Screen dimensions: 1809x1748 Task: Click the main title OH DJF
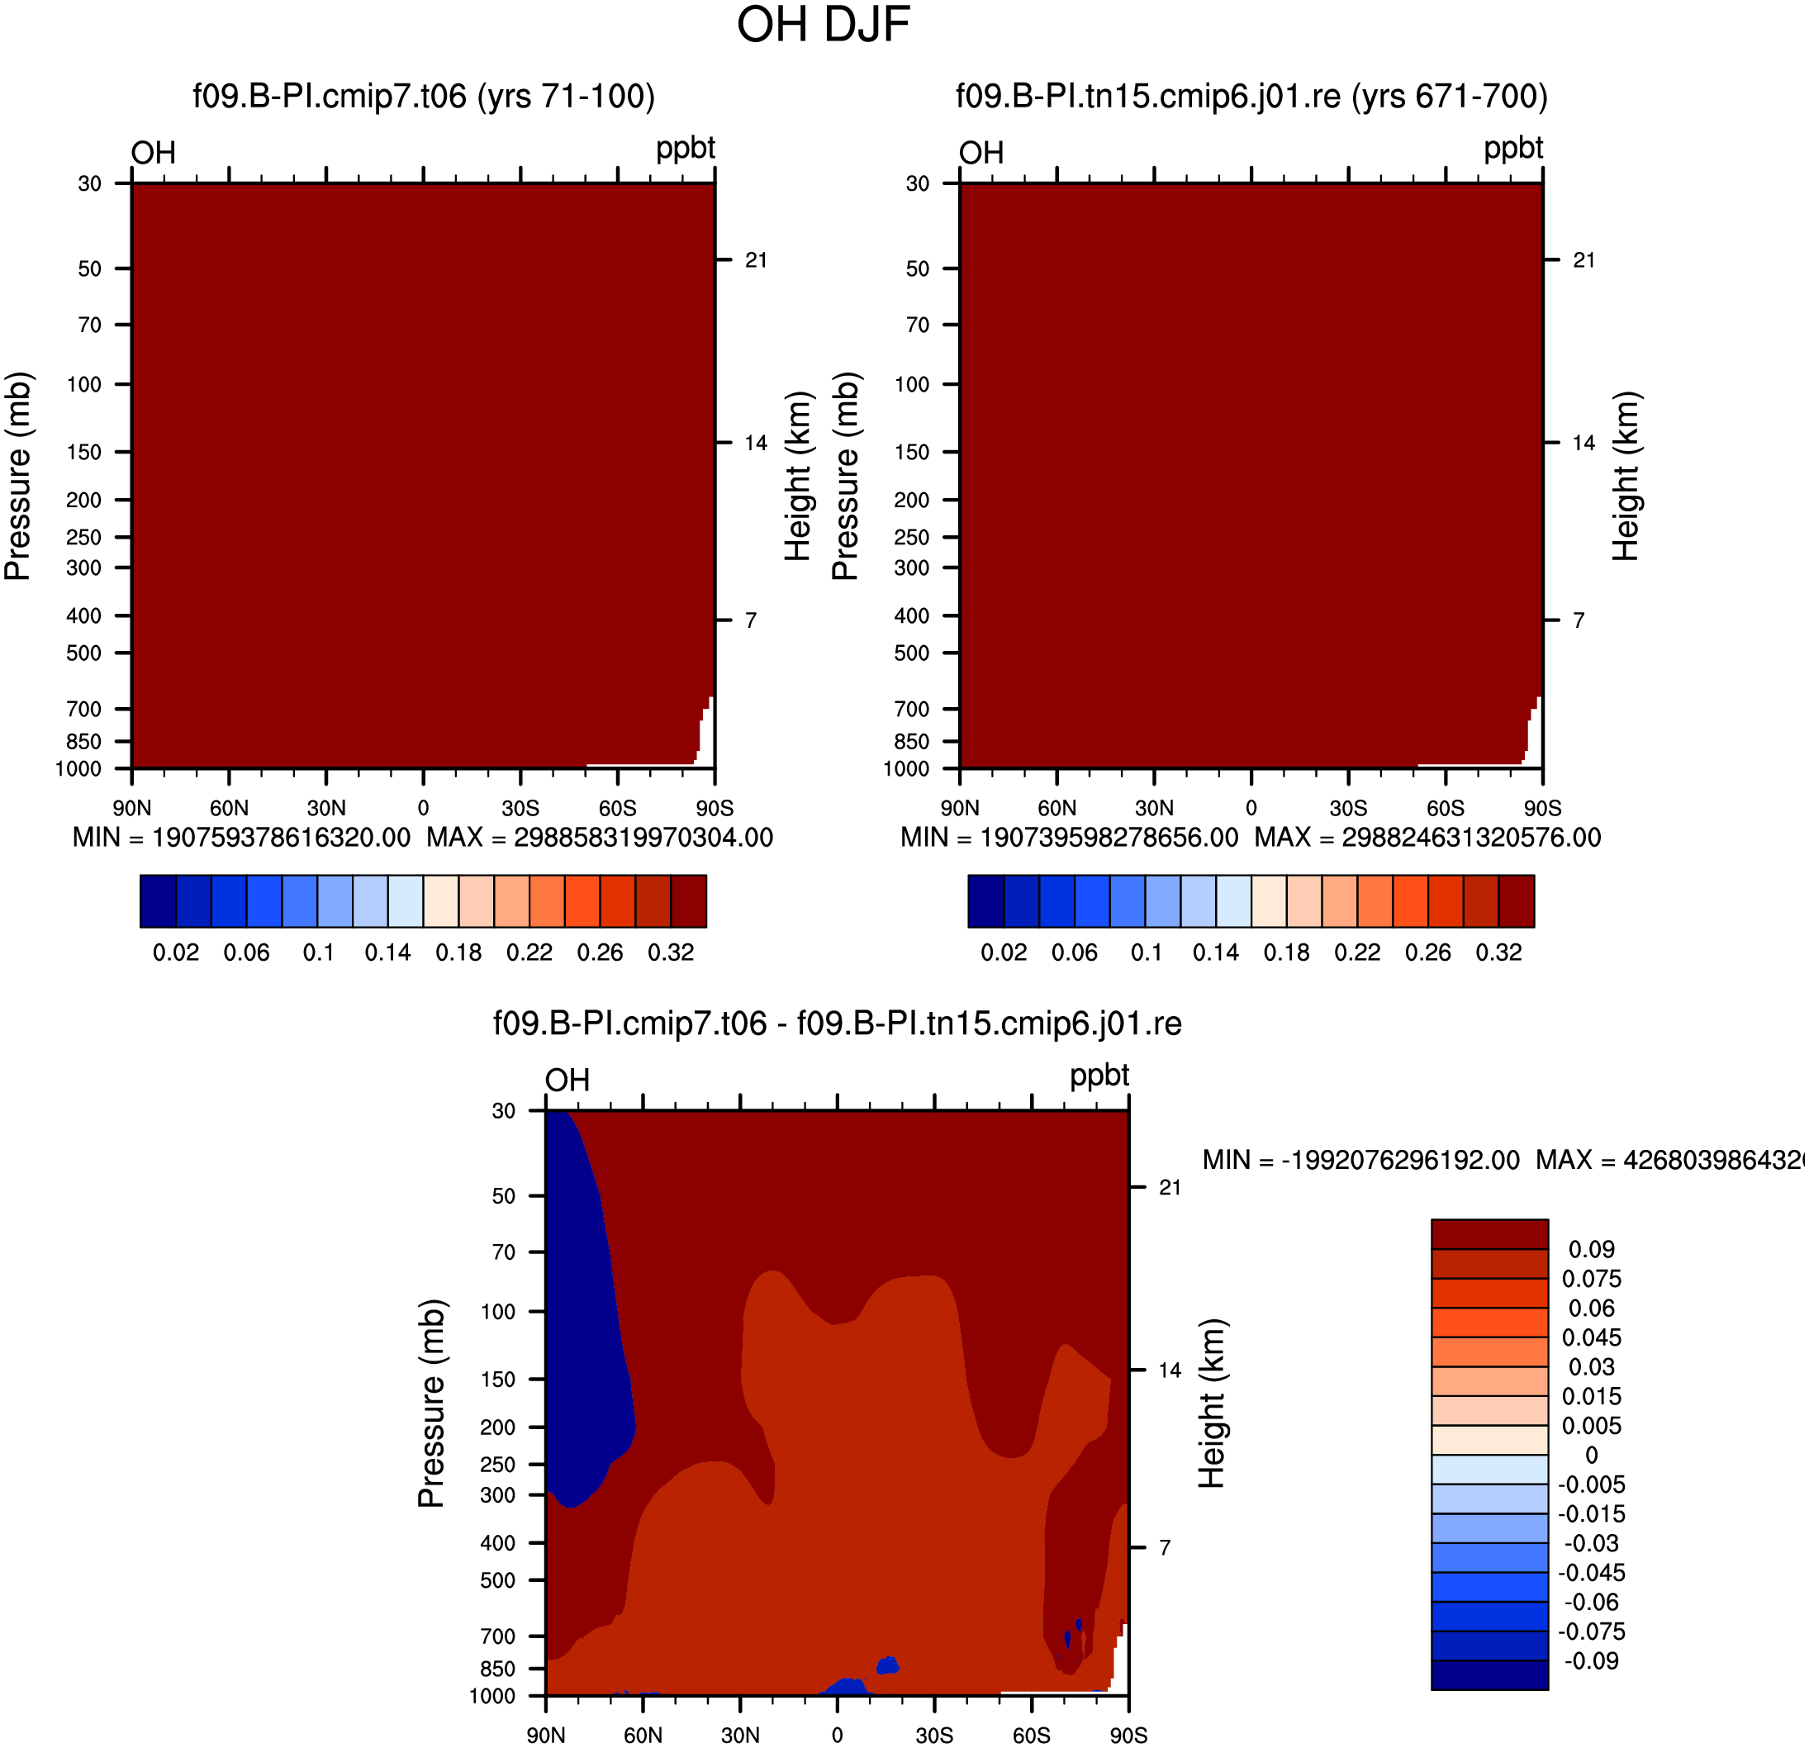[824, 25]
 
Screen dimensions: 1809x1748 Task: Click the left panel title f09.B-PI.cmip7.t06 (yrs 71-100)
[424, 96]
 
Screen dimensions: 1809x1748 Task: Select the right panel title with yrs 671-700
[1251, 96]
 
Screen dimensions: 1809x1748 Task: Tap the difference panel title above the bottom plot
[837, 1024]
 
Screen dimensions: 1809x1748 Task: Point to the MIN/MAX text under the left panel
[423, 837]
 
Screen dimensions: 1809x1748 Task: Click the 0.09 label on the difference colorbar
[1592, 1249]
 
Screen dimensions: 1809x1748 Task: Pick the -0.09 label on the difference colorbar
[1590, 1660]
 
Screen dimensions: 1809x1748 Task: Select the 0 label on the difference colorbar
[1592, 1456]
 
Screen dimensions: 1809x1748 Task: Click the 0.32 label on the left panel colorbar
[671, 952]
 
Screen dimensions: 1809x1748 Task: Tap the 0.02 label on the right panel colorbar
[1004, 952]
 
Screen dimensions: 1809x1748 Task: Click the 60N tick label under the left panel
[229, 809]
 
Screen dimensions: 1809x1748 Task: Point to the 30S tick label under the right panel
[1348, 809]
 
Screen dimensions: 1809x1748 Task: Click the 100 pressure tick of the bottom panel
[498, 1312]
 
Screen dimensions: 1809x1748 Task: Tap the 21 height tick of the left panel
[757, 260]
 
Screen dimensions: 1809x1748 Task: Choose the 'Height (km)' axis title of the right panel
[1626, 476]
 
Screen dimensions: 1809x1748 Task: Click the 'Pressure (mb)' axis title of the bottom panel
[431, 1404]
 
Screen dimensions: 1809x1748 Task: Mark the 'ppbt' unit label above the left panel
[686, 149]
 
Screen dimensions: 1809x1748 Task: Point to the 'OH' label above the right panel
[981, 152]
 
